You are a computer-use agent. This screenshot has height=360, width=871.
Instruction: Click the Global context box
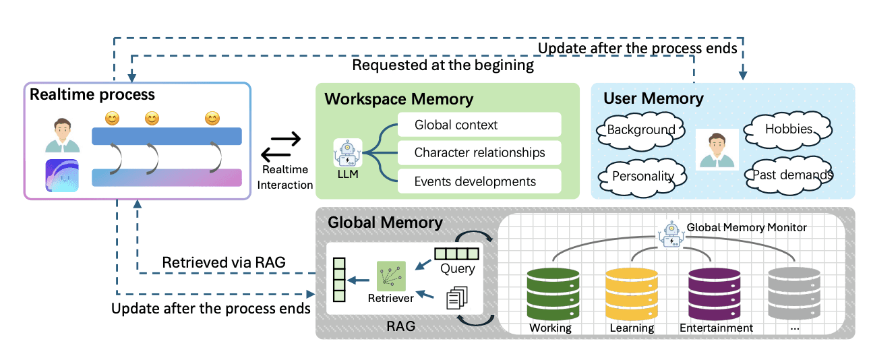[x=479, y=125]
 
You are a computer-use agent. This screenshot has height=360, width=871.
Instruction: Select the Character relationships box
[x=479, y=153]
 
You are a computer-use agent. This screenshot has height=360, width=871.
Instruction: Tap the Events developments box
[x=479, y=181]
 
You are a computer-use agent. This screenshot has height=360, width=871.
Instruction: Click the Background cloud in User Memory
[x=640, y=131]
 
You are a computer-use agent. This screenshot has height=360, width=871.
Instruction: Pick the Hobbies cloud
[x=788, y=130]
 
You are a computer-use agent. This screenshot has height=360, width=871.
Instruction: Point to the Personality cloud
[x=642, y=177]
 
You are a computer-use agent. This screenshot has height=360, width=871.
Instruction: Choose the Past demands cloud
[x=789, y=176]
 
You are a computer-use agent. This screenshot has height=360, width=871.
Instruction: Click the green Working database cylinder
[x=553, y=295]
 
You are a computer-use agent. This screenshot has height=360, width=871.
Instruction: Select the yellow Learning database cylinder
[x=632, y=295]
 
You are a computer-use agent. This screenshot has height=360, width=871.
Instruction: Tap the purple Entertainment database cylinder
[x=715, y=295]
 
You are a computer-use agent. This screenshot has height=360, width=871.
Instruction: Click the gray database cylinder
[x=794, y=295]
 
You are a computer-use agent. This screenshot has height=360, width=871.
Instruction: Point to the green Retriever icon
[x=391, y=276]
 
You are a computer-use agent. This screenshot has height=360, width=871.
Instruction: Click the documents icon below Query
[x=457, y=298]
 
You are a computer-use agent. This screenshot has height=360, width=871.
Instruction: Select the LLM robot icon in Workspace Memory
[x=348, y=153]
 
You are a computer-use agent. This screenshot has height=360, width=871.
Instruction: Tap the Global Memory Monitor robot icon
[x=671, y=235]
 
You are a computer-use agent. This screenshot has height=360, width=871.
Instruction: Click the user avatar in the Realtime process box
[x=63, y=135]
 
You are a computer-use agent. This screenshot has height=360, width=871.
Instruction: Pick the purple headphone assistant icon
[x=62, y=176]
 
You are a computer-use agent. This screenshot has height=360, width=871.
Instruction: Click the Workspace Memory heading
[x=399, y=98]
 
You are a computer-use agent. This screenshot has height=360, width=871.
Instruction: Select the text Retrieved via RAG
[x=224, y=262]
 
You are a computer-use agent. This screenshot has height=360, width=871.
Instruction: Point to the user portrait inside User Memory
[x=717, y=150]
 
